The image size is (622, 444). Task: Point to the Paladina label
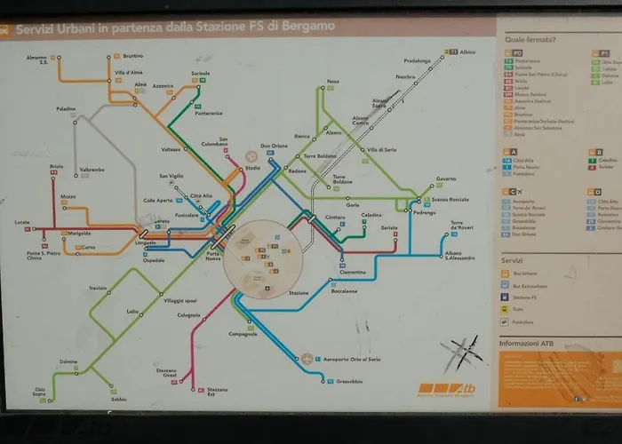tap(66, 109)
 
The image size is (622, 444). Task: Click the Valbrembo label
tap(92, 169)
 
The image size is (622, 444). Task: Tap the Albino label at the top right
tap(468, 52)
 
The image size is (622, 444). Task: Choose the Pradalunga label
tap(417, 60)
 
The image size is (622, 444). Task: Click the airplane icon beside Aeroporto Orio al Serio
tap(307, 359)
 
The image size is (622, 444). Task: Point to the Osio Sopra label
tap(40, 392)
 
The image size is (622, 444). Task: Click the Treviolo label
tap(98, 289)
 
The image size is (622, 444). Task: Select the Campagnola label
tap(243, 334)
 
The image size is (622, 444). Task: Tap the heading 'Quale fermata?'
tap(530, 40)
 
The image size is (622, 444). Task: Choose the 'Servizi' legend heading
tap(511, 261)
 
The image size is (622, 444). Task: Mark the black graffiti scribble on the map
tap(462, 353)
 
